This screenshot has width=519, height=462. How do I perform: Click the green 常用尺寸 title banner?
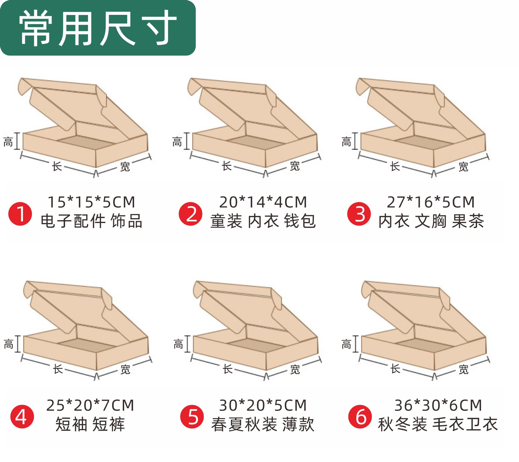click(98, 28)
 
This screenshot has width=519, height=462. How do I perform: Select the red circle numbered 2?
click(190, 214)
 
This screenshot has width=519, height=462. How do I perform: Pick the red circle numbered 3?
click(359, 214)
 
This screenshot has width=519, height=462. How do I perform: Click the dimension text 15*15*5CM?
click(91, 202)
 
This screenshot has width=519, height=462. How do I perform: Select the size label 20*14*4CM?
click(263, 202)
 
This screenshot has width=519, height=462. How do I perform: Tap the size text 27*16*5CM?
click(431, 202)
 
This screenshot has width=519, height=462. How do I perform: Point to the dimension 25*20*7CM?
click(90, 405)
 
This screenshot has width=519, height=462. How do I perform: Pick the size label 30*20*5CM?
click(263, 405)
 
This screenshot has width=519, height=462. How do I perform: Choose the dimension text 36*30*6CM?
click(438, 405)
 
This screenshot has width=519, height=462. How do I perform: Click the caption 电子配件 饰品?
click(91, 221)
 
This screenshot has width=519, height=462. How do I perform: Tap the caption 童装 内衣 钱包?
click(263, 221)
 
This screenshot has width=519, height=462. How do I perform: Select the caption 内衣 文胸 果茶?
click(431, 221)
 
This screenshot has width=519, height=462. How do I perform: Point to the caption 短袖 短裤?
click(90, 424)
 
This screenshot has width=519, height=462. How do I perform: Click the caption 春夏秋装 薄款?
click(263, 424)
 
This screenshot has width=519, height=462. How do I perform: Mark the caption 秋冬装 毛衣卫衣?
click(438, 424)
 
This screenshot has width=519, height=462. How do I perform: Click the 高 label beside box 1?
click(8, 142)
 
